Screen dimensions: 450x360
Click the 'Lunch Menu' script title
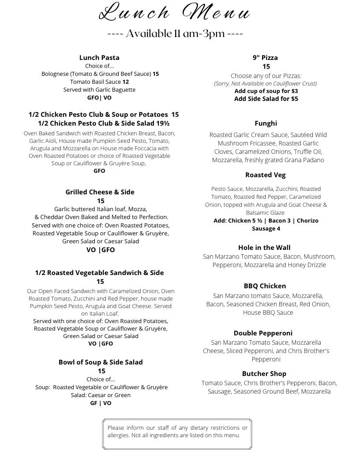(175, 12)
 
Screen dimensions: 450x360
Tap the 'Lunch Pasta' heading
(99, 58)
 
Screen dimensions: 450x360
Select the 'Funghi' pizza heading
(266, 123)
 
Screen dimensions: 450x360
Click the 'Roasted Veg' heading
(266, 175)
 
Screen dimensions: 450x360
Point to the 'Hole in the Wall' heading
(264, 248)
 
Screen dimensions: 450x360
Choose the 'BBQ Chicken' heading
(265, 286)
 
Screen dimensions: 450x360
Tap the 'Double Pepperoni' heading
(263, 333)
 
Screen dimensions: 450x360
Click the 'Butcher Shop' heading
(264, 374)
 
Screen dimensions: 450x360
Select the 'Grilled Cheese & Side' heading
(100, 192)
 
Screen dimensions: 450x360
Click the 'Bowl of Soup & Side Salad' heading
(101, 362)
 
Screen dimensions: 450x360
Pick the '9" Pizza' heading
(265, 58)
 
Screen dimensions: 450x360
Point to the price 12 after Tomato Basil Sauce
(126, 82)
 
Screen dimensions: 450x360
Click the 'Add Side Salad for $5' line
(266, 99)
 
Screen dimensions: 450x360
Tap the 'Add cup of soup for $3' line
(266, 91)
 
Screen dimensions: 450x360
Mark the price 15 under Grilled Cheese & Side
(101, 201)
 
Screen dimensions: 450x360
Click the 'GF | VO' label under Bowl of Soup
(101, 403)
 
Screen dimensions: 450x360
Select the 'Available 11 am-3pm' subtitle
(175, 34)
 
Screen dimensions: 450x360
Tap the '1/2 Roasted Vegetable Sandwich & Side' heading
(99, 273)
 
